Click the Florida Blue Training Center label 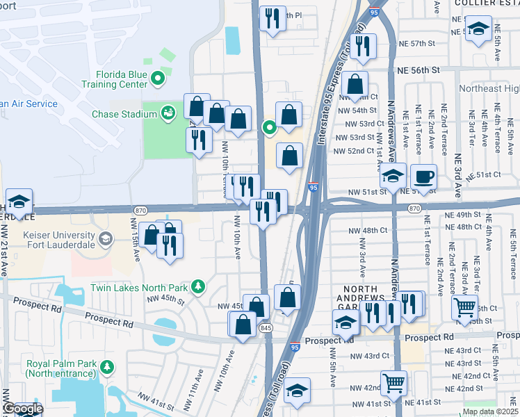click(111, 76)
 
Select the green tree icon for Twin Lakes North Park click(198, 286)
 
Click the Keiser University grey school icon click(105, 239)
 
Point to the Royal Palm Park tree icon click(106, 366)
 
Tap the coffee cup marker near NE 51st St click(423, 177)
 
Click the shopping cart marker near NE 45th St click(464, 306)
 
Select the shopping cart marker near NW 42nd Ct click(394, 382)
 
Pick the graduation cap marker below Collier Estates click(478, 29)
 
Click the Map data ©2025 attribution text click(489, 411)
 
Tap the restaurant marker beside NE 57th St click(363, 44)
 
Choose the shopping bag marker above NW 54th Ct click(355, 83)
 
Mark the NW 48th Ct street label click(368, 229)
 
